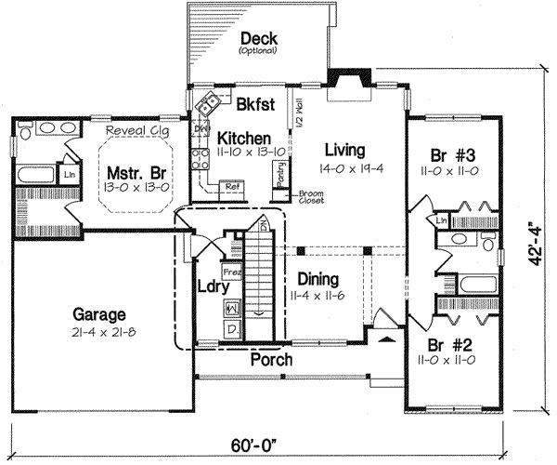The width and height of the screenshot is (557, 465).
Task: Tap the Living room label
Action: click(x=343, y=149)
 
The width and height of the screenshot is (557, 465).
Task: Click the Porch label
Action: click(x=272, y=359)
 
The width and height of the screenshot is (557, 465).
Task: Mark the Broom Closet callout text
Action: click(x=311, y=197)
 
